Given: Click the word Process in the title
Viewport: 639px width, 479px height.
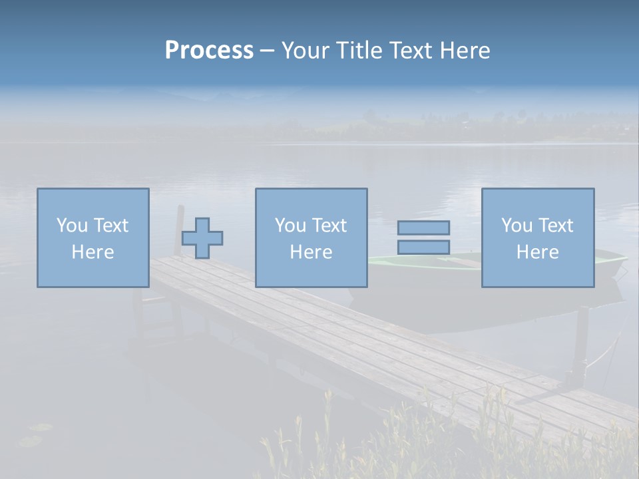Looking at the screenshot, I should tap(209, 51).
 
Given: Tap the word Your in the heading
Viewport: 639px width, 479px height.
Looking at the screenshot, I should tap(305, 51).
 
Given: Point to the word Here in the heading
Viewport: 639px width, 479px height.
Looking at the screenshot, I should tap(464, 51).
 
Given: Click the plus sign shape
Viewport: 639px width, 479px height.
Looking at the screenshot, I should tap(202, 238).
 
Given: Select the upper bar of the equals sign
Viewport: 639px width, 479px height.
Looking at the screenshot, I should tap(423, 228).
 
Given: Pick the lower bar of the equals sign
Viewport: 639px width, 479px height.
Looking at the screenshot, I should tap(423, 247).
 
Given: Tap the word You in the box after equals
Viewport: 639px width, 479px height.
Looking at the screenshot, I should tap(517, 226).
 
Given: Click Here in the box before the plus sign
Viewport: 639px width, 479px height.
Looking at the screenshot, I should tap(93, 252).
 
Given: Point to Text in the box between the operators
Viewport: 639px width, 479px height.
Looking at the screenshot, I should tap(330, 226).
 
